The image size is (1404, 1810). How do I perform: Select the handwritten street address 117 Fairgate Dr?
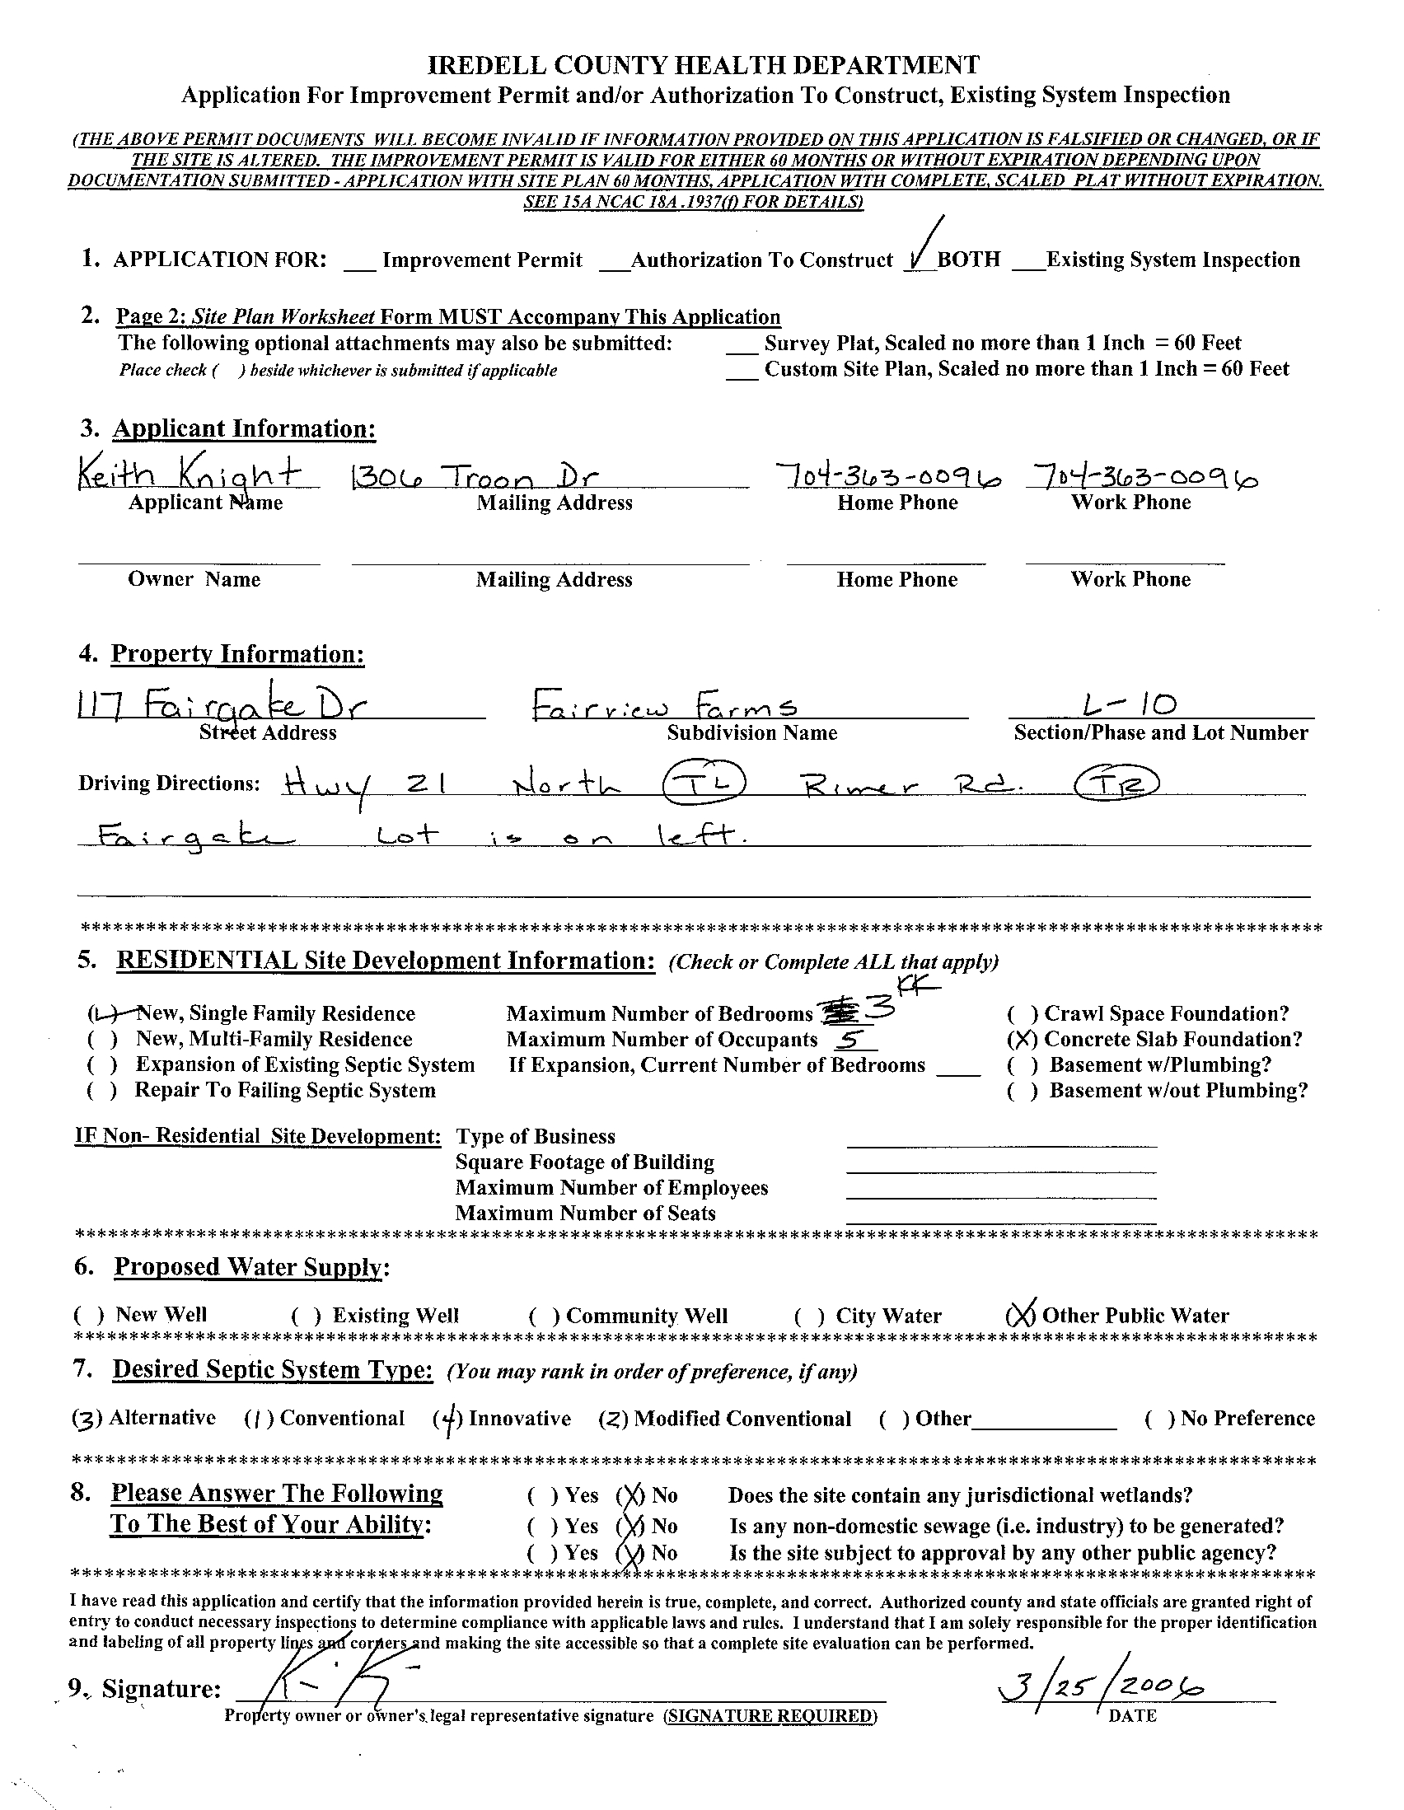(x=222, y=706)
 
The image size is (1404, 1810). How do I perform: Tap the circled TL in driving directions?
(x=704, y=781)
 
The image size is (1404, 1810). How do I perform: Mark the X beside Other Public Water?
(x=1020, y=1315)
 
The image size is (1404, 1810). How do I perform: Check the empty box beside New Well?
(x=89, y=1315)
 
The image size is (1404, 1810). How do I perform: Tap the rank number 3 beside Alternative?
(x=86, y=1419)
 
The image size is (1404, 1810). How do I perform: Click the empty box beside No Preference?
(x=1159, y=1419)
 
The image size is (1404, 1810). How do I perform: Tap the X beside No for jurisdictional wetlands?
(x=630, y=1496)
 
